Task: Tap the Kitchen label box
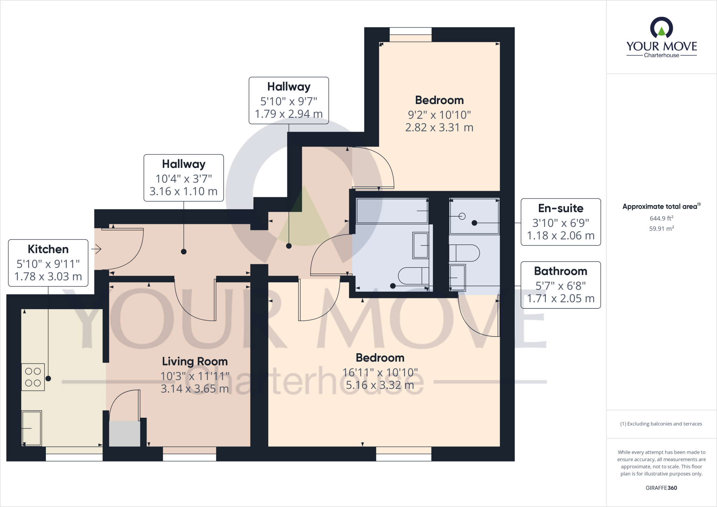(x=48, y=263)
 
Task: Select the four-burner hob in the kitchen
(x=33, y=377)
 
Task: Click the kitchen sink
(x=32, y=428)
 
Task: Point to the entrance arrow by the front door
(x=97, y=249)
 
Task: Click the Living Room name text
(x=195, y=361)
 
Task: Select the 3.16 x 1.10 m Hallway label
(x=183, y=178)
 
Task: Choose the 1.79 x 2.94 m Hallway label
(x=288, y=100)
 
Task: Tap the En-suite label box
(x=561, y=222)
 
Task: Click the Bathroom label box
(x=561, y=285)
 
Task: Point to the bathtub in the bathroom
(x=392, y=211)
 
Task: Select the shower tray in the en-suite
(x=474, y=216)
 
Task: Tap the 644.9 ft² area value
(x=661, y=218)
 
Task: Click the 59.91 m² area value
(x=661, y=229)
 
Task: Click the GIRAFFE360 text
(x=661, y=488)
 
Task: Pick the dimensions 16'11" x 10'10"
(x=380, y=373)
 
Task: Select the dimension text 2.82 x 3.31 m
(x=439, y=127)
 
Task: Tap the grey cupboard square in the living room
(x=125, y=433)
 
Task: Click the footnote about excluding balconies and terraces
(x=661, y=424)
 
